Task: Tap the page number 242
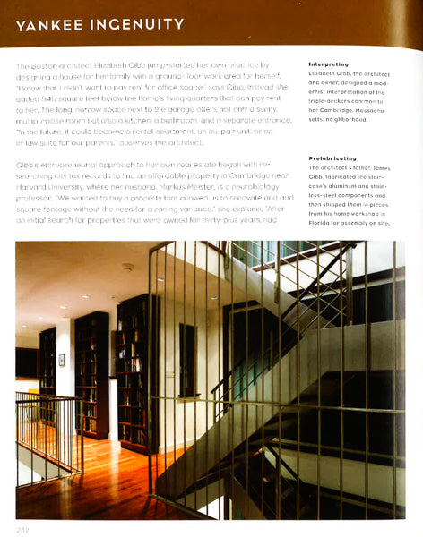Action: pyautogui.click(x=22, y=528)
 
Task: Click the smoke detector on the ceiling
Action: pyautogui.click(x=128, y=267)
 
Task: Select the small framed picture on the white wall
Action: pyautogui.click(x=62, y=359)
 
